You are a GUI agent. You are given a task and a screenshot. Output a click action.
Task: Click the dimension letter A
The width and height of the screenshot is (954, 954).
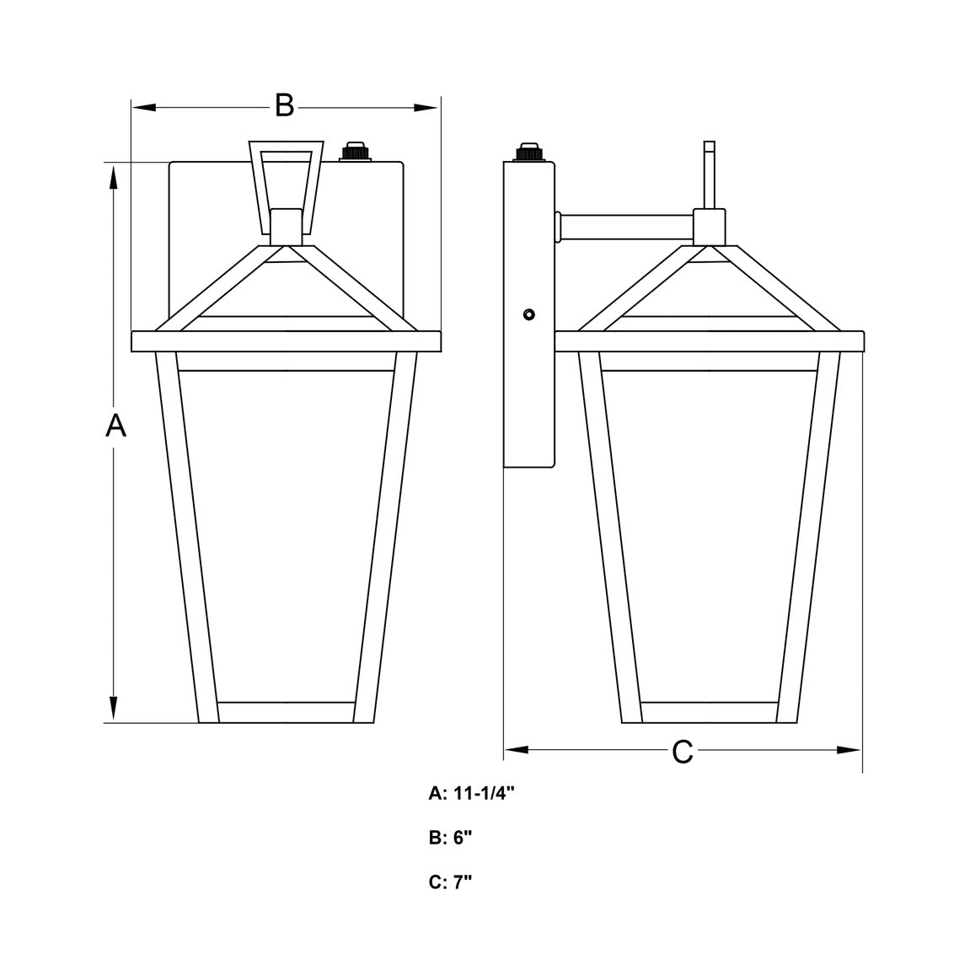115,425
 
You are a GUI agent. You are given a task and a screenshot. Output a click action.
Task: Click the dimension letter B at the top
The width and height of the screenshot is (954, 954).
284,105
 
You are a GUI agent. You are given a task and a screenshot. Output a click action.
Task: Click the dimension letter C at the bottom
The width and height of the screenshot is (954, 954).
682,752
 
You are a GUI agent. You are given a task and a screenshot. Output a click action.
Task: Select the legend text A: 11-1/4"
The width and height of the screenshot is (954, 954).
472,793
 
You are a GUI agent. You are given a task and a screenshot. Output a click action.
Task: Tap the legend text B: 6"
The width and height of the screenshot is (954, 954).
450,838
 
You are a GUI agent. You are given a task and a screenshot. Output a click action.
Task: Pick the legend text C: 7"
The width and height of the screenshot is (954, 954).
450,882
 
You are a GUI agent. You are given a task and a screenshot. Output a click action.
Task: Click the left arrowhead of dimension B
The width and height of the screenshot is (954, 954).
145,108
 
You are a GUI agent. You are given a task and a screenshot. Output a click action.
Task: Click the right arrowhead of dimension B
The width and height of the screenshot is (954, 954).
426,108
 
